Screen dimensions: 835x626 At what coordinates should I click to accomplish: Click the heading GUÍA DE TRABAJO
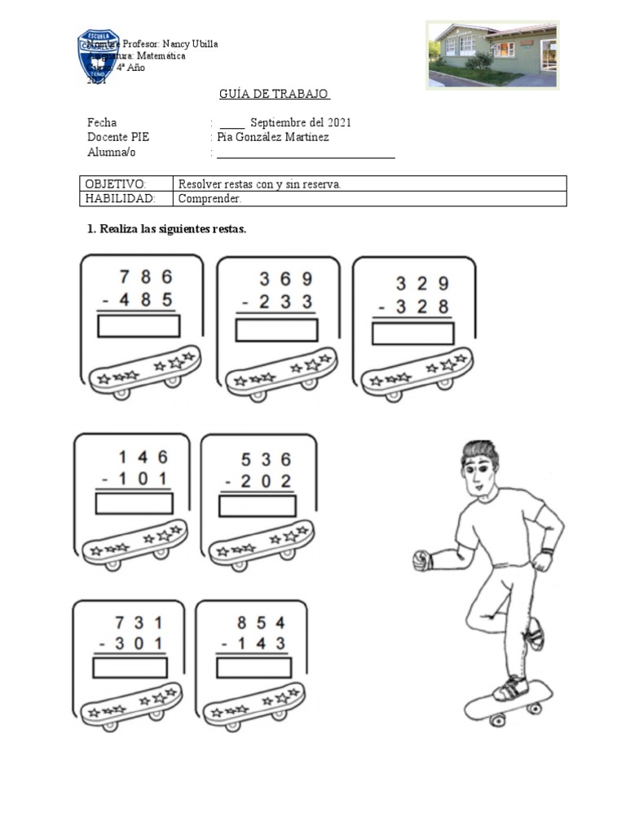(x=274, y=94)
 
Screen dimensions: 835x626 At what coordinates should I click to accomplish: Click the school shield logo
(x=99, y=55)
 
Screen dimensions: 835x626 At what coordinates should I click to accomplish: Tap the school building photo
(x=493, y=54)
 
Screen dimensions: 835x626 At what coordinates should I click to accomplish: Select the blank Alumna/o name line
(x=306, y=153)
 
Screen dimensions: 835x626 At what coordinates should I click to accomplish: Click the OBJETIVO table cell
(x=126, y=184)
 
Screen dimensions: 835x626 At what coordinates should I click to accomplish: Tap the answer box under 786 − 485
(x=139, y=326)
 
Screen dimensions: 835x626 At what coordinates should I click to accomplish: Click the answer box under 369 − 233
(x=276, y=330)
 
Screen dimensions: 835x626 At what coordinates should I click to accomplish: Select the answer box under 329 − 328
(x=412, y=334)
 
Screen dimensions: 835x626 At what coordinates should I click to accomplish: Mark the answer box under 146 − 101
(x=134, y=503)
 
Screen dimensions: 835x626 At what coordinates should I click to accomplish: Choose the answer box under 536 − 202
(x=257, y=506)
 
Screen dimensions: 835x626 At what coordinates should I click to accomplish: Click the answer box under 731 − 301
(x=130, y=668)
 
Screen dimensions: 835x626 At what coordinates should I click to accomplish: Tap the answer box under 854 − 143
(x=253, y=668)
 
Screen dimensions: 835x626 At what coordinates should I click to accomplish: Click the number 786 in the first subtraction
(x=146, y=276)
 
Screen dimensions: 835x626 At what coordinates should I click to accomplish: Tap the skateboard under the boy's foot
(x=508, y=700)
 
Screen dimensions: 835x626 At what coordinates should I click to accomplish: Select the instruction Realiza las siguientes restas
(x=166, y=229)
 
